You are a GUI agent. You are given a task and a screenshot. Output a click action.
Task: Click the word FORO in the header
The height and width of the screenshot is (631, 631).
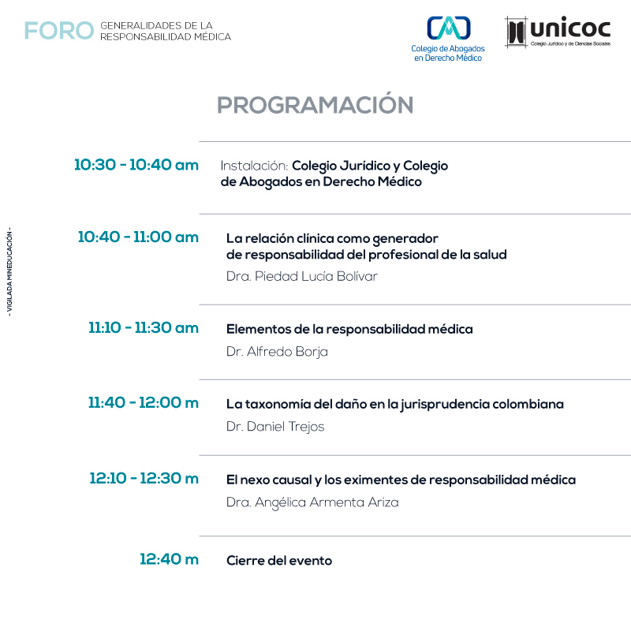59,31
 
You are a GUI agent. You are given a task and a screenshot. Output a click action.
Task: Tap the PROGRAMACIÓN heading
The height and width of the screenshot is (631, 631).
315,105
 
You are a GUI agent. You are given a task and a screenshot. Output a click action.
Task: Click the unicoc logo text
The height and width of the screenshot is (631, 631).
570,28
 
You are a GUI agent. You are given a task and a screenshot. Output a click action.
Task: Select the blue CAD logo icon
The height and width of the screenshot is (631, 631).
448,28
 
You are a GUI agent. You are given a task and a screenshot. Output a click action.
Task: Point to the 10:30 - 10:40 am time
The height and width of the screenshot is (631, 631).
136,165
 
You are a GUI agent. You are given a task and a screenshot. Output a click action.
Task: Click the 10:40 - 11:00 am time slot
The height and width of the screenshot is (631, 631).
138,237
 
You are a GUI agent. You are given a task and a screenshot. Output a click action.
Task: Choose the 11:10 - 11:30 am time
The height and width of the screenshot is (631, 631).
144,327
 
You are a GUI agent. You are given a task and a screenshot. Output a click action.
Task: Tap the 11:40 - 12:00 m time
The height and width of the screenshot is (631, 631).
144,402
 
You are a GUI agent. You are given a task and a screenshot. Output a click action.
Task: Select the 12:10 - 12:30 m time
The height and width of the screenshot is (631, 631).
144,478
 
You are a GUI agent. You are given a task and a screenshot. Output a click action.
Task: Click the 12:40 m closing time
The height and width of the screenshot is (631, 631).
169,559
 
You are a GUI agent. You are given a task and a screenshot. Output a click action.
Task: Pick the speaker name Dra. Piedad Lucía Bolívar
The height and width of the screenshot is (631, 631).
302,276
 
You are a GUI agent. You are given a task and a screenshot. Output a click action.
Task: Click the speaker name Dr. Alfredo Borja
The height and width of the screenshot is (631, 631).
277,352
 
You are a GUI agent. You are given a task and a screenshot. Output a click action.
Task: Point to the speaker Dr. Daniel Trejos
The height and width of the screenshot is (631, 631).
275,427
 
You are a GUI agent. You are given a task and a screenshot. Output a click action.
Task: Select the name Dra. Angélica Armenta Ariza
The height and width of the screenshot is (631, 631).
312,502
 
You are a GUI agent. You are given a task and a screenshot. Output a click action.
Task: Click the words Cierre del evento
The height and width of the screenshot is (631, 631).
279,561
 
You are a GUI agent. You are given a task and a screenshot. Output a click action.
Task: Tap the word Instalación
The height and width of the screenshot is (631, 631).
254,166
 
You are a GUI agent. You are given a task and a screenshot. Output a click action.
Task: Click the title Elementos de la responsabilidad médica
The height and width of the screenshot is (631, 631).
349,329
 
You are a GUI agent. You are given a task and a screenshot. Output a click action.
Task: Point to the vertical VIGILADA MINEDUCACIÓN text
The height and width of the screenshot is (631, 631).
9,272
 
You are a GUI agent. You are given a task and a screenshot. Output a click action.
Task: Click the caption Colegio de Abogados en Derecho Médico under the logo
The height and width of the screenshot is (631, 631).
448,53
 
